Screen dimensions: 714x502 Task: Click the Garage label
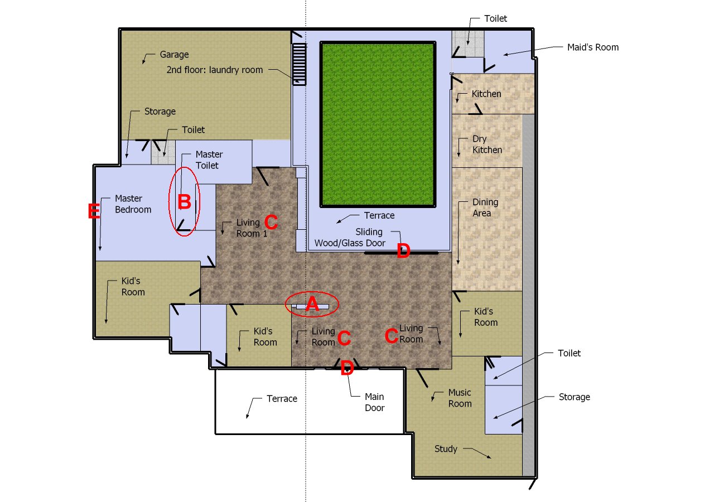coord(174,55)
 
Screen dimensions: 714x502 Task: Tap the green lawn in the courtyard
coord(378,124)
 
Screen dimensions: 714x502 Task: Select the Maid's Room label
coord(593,47)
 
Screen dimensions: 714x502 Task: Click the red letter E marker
coord(94,211)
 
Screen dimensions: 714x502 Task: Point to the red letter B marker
coord(184,202)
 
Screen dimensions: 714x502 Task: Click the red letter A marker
coord(312,304)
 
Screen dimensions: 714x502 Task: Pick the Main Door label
coord(374,402)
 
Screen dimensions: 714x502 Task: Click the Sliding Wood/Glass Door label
coord(350,238)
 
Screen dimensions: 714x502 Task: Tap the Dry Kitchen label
coord(487,144)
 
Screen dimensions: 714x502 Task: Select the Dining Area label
coord(485,207)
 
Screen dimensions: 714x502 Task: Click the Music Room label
coord(460,398)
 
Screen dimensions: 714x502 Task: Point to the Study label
coord(446,449)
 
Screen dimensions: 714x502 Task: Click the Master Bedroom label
coord(133,204)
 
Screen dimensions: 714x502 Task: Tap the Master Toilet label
coord(209,160)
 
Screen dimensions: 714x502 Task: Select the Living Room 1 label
coord(252,228)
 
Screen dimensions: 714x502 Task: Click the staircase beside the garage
coord(300,64)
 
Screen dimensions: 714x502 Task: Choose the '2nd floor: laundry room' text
coord(215,70)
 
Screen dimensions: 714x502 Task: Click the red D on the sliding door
coord(403,251)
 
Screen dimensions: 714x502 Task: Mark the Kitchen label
coord(486,94)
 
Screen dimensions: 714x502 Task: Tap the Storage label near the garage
coord(160,112)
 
